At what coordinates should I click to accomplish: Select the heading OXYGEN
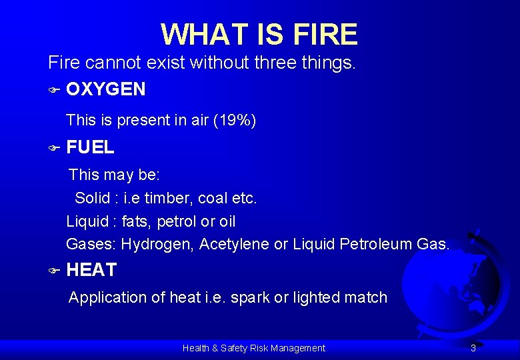[x=106, y=89]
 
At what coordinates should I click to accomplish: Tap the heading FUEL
[x=91, y=147]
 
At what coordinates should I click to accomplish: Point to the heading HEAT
[x=92, y=270]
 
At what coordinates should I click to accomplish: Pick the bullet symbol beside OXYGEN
[x=54, y=89]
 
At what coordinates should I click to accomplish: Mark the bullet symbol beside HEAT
[x=54, y=271]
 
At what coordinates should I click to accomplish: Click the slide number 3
[x=473, y=348]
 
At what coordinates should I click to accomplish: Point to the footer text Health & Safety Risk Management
[x=254, y=348]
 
